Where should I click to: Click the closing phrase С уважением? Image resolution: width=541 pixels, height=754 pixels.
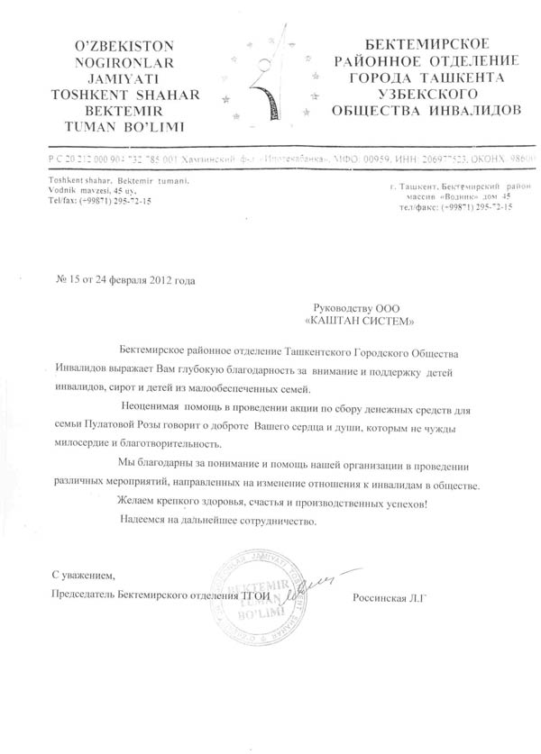tap(84, 574)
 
